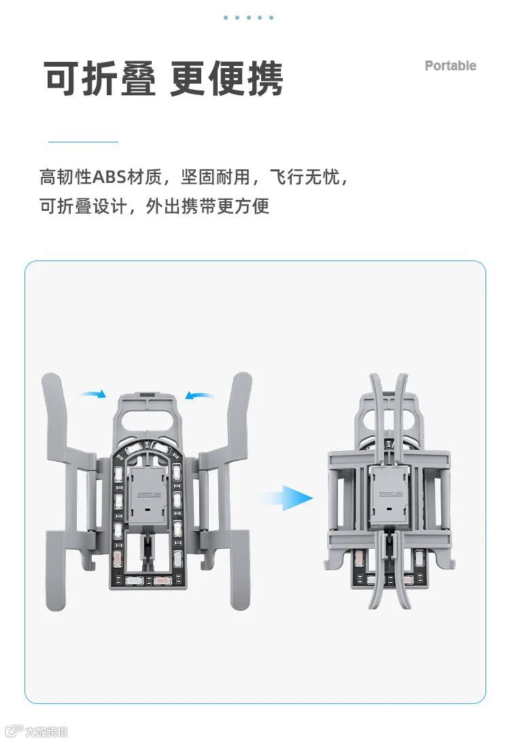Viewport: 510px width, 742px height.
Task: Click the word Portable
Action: tap(450, 66)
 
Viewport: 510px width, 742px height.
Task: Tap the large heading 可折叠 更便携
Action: tap(164, 79)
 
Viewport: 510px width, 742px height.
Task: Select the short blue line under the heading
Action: tap(83, 142)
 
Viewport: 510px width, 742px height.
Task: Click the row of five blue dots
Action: tap(248, 18)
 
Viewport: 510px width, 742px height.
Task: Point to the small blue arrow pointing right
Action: tap(93, 394)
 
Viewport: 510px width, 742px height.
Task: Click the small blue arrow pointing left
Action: tap(200, 394)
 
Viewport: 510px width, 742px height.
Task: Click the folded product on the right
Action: tap(389, 490)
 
